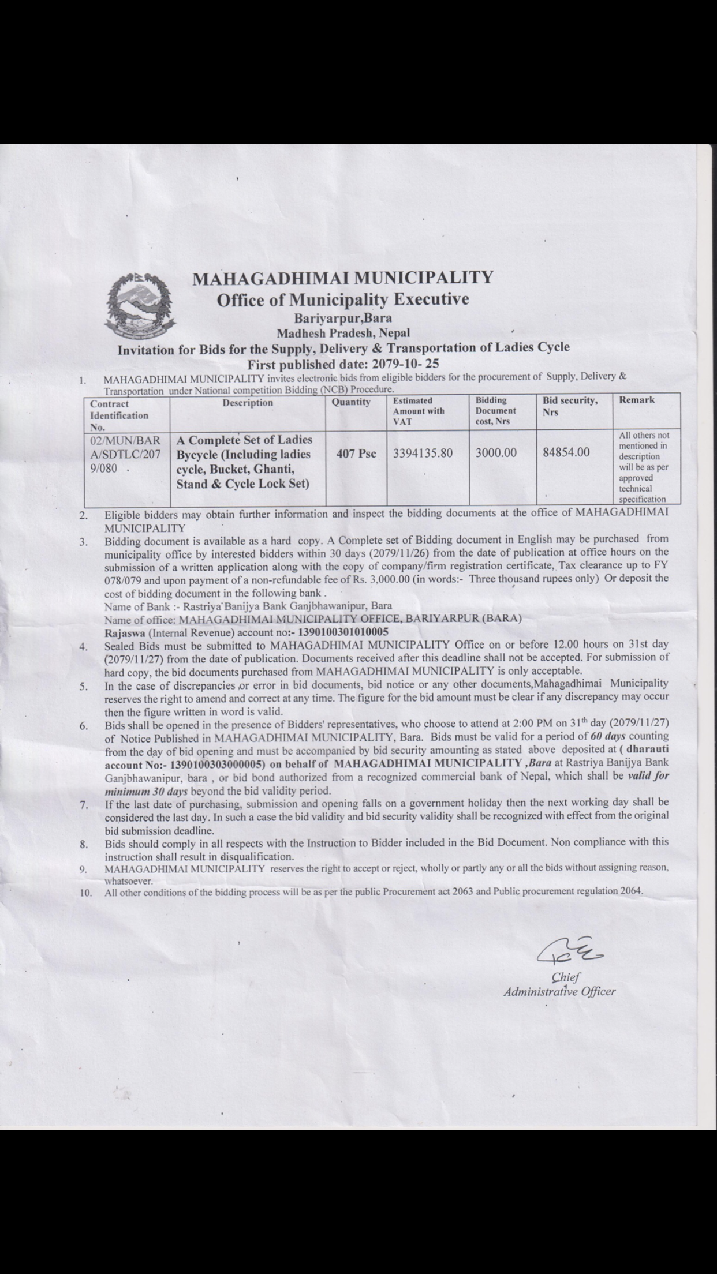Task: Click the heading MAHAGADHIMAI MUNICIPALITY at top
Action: pos(342,278)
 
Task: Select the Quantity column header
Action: pos(350,402)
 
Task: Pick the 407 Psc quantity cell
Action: pos(356,454)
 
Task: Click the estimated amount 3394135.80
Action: pos(423,453)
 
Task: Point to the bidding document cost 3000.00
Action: pos(496,453)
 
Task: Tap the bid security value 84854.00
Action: pos(566,452)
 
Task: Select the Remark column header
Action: pos(637,400)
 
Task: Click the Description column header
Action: pos(248,403)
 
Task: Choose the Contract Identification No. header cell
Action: pos(119,415)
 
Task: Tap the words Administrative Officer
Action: pos(559,992)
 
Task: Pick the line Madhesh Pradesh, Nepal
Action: pos(343,333)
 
